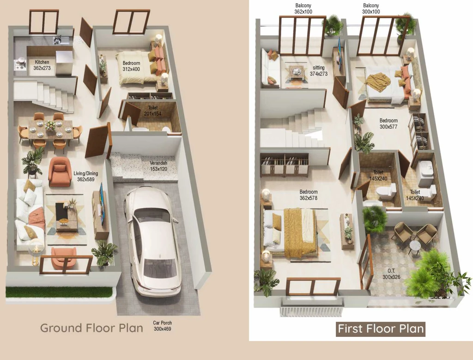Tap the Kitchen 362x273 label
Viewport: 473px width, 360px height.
(x=42, y=65)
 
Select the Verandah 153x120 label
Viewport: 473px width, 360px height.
(x=158, y=166)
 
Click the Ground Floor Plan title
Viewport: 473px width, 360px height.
(x=92, y=328)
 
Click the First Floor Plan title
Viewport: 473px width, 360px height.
(x=381, y=329)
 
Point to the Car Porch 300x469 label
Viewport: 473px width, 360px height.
(x=162, y=326)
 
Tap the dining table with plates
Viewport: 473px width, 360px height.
(x=50, y=129)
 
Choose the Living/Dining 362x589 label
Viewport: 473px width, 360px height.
(x=85, y=177)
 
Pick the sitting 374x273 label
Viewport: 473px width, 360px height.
(x=319, y=71)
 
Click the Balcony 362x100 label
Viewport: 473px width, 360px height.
(x=303, y=9)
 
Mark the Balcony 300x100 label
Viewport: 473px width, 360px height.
(x=371, y=9)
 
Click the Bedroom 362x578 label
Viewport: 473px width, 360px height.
(x=308, y=195)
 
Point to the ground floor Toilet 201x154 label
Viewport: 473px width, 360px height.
(x=152, y=111)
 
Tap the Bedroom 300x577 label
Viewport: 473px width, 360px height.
(x=388, y=124)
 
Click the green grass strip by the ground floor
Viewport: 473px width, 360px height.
(x=59, y=292)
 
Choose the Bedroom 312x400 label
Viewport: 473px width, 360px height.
(x=131, y=66)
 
